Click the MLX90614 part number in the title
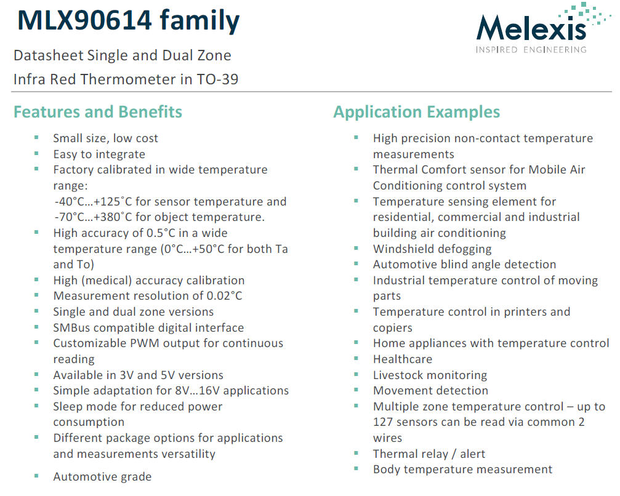click(84, 20)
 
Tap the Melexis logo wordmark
click(530, 28)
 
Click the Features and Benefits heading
click(98, 112)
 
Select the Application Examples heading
click(416, 112)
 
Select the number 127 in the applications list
click(384, 422)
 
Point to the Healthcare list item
click(402, 359)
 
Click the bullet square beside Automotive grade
click(37, 476)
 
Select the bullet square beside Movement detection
click(356, 390)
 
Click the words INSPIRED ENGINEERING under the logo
click(531, 49)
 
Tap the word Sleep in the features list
click(67, 407)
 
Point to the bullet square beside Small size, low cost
click(37, 137)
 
